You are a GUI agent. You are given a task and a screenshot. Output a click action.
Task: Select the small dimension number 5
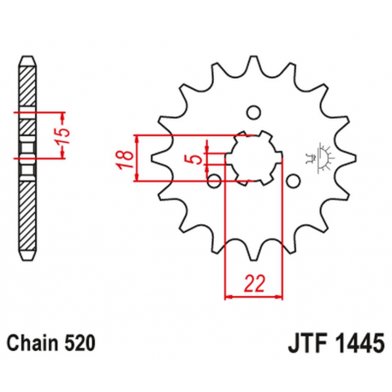coord(196,159)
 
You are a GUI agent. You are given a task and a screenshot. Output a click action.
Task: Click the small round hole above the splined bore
coord(252,112)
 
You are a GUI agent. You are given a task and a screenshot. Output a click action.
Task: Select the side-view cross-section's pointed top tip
coord(28,62)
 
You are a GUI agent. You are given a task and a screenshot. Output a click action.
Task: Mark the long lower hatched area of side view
coord(28,214)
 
